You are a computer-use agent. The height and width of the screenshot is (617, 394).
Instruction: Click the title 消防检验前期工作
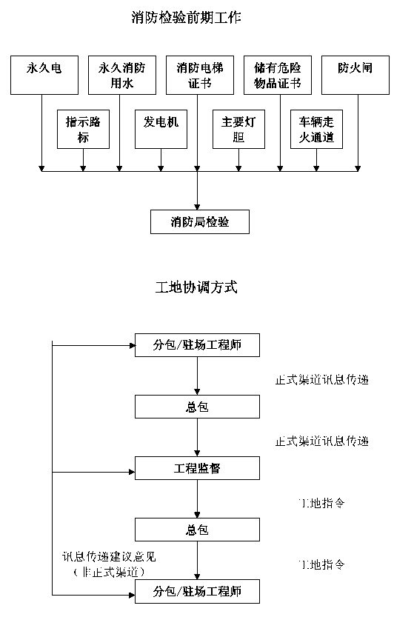click(x=186, y=18)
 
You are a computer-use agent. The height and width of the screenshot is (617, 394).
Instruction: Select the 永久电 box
click(x=44, y=75)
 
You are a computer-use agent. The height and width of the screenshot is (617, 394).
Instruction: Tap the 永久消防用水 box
click(x=122, y=75)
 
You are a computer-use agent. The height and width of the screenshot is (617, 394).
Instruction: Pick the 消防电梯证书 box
click(x=200, y=75)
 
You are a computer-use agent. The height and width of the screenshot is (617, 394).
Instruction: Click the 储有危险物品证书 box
click(x=278, y=75)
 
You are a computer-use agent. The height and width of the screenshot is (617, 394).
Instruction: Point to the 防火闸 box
click(x=355, y=75)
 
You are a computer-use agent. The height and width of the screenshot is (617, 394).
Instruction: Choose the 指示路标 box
click(x=83, y=129)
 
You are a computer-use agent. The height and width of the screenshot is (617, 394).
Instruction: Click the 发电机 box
click(x=161, y=129)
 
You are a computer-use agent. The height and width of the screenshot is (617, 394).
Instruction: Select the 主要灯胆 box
click(x=238, y=129)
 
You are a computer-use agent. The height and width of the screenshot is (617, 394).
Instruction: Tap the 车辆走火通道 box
click(x=316, y=129)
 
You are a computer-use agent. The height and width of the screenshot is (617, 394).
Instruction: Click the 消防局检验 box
click(x=200, y=222)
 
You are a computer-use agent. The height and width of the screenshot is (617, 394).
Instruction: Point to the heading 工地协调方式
click(x=196, y=287)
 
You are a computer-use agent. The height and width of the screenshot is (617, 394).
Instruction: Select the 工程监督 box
click(x=197, y=468)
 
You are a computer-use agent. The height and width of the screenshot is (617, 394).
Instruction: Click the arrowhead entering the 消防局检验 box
click(x=197, y=207)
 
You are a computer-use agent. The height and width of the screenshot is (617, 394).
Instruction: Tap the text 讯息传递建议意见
click(x=109, y=556)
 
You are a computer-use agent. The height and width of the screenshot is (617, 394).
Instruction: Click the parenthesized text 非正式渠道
click(x=109, y=572)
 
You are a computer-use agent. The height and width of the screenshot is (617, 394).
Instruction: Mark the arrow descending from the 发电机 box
click(x=161, y=160)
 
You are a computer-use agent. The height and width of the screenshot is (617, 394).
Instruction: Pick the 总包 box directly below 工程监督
click(x=197, y=530)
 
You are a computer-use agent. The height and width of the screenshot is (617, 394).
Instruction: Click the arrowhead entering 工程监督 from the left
click(x=133, y=472)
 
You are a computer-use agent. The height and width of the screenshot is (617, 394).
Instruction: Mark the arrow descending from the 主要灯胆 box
click(x=238, y=160)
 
